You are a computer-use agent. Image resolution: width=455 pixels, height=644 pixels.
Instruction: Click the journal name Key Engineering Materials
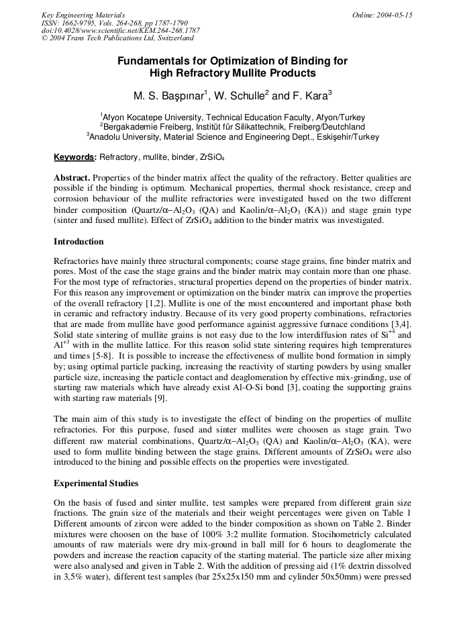pyautogui.click(x=83, y=15)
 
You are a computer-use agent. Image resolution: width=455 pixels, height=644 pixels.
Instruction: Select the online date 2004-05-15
pyautogui.click(x=382, y=15)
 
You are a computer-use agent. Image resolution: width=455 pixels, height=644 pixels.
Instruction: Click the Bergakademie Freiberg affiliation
pyautogui.click(x=232, y=126)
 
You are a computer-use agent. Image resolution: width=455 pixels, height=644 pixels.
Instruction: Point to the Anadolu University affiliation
pyautogui.click(x=232, y=136)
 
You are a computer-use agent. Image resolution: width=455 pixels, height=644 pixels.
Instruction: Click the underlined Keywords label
pyautogui.click(x=74, y=157)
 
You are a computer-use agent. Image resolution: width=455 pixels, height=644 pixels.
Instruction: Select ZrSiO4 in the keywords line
pyautogui.click(x=211, y=158)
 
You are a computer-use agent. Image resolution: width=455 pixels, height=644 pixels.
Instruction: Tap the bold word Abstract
pyautogui.click(x=72, y=178)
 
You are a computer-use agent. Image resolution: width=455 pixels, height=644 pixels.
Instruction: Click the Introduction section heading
pyautogui.click(x=79, y=242)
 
